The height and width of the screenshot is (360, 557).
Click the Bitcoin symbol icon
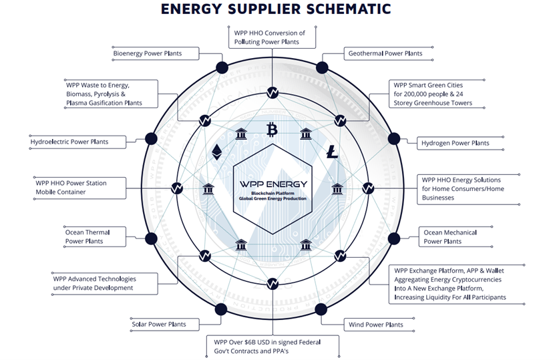272,129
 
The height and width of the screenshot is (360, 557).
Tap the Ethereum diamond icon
216,151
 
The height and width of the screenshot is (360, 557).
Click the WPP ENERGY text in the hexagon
272,184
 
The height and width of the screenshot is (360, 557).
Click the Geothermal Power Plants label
385,53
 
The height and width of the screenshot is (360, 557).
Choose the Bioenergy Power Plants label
147,53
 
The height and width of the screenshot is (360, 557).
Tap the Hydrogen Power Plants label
455,143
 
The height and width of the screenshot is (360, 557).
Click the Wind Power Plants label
376,325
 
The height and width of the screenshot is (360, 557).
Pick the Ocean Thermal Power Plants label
87,236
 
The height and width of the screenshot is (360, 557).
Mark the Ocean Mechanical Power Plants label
450,236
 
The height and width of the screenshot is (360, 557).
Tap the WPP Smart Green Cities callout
433,94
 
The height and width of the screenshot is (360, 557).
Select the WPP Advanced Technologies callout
94,283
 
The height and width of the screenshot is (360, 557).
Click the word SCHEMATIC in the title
339,9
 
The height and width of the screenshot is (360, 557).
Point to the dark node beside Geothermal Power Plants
322,67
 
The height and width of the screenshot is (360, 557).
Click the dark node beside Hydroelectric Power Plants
151,139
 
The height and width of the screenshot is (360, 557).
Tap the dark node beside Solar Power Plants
221,309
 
